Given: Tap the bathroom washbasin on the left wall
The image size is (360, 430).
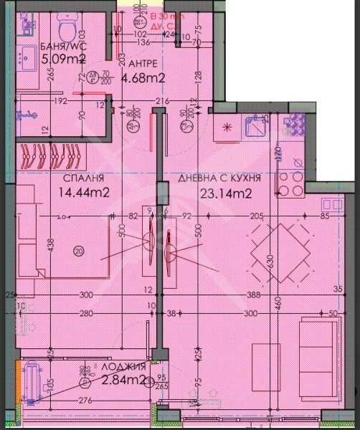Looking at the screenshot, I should click(28, 55).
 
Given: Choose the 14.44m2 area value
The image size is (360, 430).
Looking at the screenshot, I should click(84, 192).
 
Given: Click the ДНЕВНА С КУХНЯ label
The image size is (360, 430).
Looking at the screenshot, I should click(219, 178).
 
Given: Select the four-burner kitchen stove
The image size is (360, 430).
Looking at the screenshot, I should click(292, 183).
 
